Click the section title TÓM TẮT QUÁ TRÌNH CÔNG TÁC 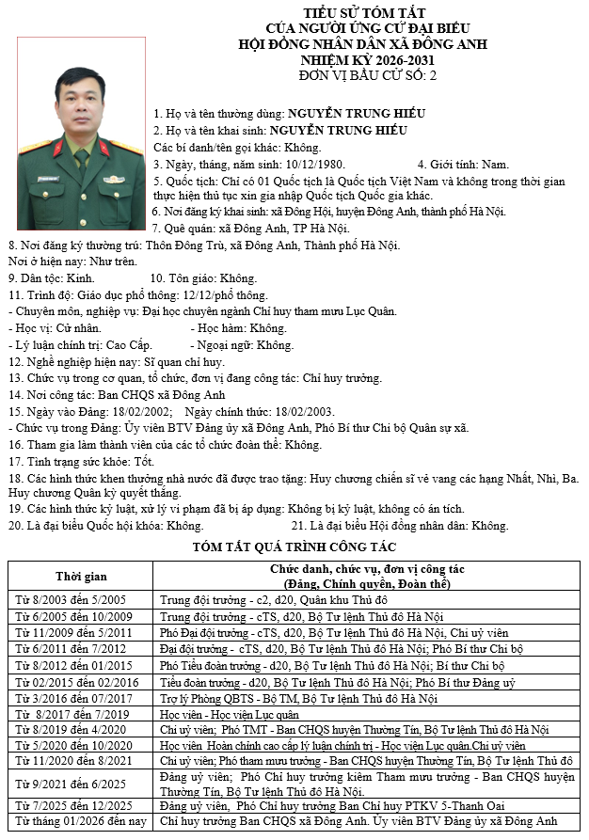(x=294, y=547)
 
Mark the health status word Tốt (x=144, y=463)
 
